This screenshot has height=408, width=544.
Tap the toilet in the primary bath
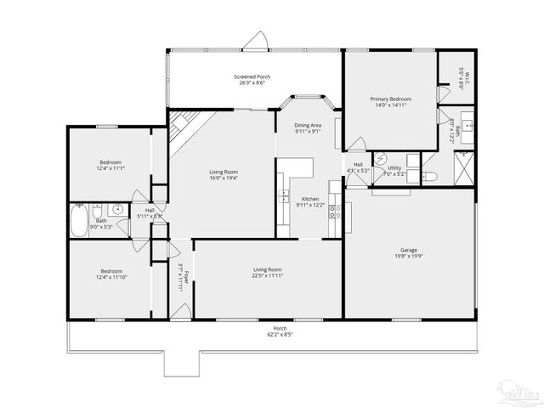point(429,177)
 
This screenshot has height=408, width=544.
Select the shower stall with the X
point(464,169)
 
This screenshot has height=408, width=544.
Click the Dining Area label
point(308,126)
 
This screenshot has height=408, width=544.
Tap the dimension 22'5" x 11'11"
point(267,275)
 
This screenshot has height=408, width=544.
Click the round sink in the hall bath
point(117,210)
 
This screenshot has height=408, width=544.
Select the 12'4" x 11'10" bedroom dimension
point(110,276)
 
